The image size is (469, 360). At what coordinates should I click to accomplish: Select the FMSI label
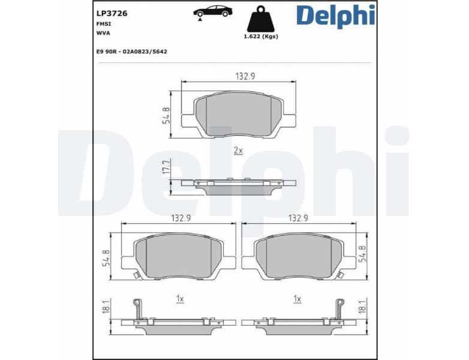(x=104, y=23)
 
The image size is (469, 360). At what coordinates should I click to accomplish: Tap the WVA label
(x=103, y=33)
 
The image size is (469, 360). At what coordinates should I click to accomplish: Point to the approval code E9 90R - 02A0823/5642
(x=131, y=52)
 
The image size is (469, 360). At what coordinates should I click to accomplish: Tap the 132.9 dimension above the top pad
(x=239, y=76)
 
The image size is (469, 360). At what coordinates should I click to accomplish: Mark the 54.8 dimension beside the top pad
(x=166, y=115)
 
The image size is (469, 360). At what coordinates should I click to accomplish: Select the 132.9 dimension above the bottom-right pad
(x=299, y=218)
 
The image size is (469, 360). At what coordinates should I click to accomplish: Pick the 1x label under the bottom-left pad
(x=179, y=298)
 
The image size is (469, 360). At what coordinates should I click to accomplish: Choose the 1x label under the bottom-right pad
(x=297, y=298)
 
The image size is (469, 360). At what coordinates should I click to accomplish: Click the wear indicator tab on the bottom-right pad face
(x=340, y=275)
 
